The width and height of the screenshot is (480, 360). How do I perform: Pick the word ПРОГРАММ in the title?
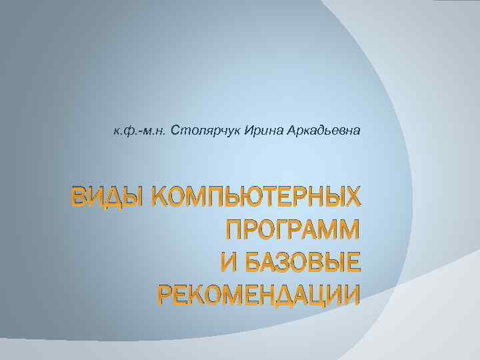pos(292,231)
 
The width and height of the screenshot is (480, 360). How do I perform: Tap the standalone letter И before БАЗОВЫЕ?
pos(229,263)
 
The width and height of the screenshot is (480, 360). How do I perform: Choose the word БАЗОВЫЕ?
pos(304,263)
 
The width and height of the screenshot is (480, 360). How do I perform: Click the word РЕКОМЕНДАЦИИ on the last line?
pos(257,295)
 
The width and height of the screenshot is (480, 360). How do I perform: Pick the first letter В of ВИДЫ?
pos(81,198)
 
